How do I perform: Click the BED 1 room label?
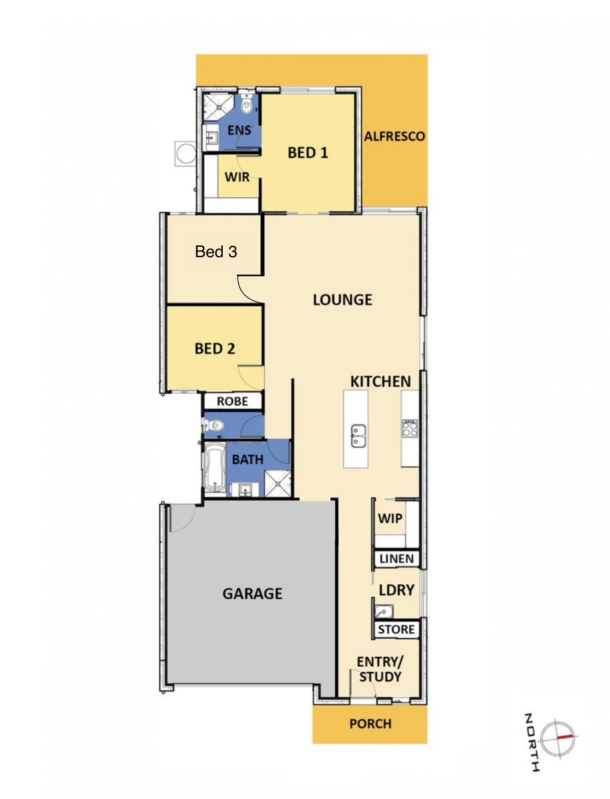[307, 153]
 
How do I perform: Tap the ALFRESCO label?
[394, 137]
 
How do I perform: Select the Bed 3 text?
[216, 252]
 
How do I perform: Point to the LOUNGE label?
[342, 300]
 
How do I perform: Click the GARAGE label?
[253, 593]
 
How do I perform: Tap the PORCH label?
[370, 723]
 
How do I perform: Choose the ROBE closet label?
[232, 401]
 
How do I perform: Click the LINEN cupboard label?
[397, 559]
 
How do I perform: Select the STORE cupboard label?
[396, 629]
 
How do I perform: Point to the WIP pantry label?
[390, 518]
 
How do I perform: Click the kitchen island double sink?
[358, 436]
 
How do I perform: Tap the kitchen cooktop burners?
[410, 428]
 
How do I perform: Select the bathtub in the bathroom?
[215, 467]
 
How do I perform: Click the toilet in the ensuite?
[246, 105]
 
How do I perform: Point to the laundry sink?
[383, 612]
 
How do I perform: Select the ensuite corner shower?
[218, 108]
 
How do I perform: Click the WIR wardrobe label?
[237, 177]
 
